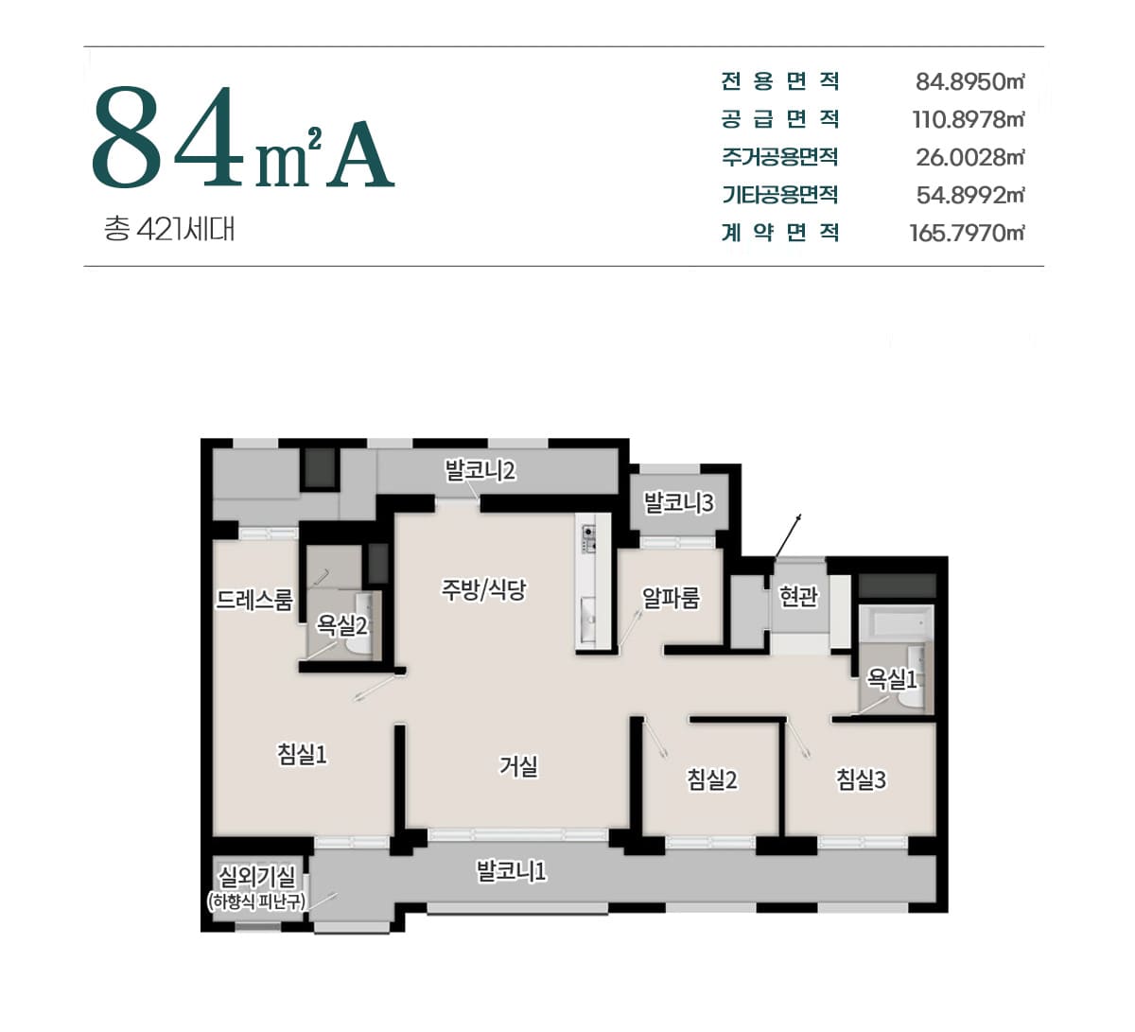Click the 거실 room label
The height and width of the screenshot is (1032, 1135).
tap(518, 766)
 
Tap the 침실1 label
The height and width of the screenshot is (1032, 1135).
tap(302, 754)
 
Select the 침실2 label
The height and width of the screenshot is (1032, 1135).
tap(712, 779)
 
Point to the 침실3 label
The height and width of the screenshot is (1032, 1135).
tap(861, 779)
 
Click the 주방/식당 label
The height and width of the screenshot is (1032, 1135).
tap(483, 589)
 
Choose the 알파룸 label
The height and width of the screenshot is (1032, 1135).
tap(671, 597)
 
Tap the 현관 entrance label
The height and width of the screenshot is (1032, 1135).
tap(798, 596)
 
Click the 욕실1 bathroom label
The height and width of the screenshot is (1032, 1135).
tap(892, 679)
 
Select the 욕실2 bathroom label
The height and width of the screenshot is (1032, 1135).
tap(341, 625)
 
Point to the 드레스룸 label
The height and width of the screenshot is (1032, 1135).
tap(254, 600)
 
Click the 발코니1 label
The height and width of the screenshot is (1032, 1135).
tap(512, 871)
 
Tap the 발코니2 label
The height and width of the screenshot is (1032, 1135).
tap(480, 470)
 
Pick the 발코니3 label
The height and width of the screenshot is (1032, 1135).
tap(679, 502)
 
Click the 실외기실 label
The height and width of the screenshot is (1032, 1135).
tap(257, 877)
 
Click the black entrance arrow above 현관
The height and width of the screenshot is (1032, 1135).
tap(787, 536)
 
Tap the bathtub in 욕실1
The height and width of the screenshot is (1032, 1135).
tap(896, 623)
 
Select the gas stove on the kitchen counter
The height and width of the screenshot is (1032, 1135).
tap(589, 538)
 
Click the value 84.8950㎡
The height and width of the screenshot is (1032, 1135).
tap(969, 82)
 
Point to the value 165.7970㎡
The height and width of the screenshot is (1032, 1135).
tap(967, 233)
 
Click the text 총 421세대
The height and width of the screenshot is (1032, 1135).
tap(169, 229)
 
